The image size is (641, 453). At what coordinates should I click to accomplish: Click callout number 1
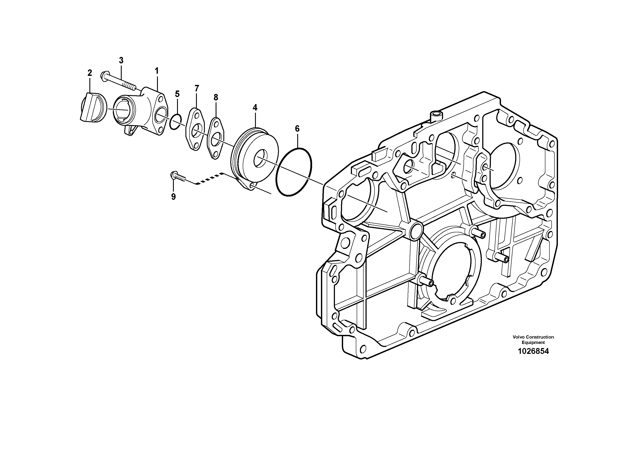click(157, 71)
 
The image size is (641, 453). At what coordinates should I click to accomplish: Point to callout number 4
click(255, 108)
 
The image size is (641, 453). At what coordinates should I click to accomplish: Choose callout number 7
click(197, 88)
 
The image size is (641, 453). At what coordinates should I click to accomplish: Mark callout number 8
click(216, 97)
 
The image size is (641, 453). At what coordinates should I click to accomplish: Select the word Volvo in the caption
click(519, 337)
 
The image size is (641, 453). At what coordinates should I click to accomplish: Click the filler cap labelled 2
click(92, 108)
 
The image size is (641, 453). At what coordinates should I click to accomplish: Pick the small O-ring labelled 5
click(176, 122)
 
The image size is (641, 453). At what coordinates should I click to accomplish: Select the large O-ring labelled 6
click(294, 171)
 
